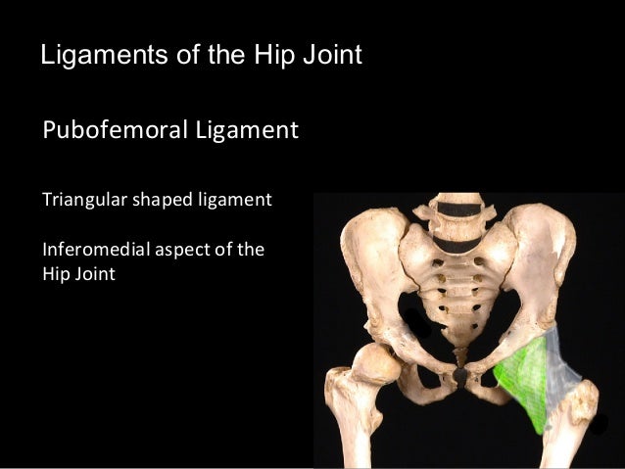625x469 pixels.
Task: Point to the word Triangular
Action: coord(77,201)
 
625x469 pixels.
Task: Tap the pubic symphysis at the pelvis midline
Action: coord(460,375)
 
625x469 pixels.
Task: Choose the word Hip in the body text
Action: coord(56,274)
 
